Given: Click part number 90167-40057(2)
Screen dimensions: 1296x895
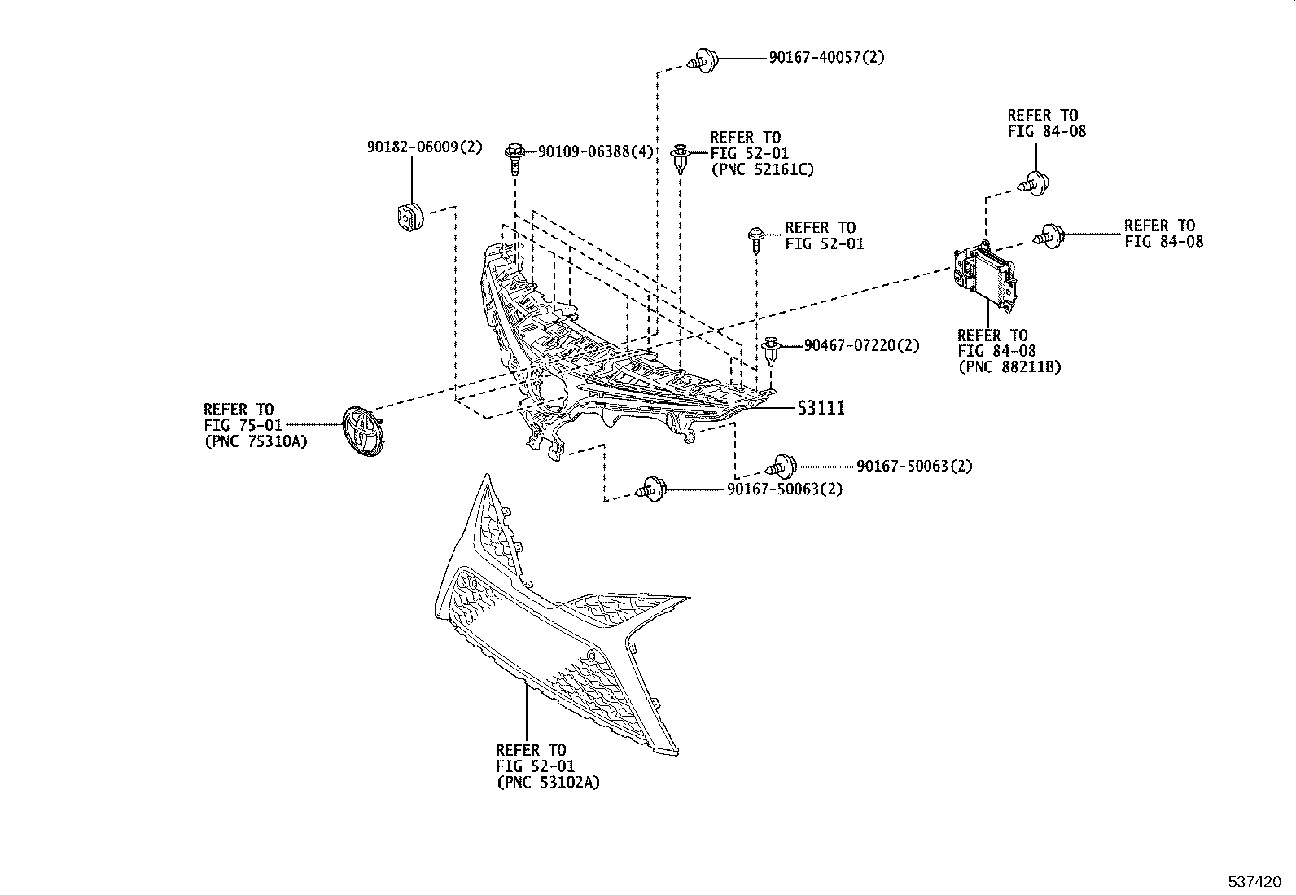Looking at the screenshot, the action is pos(827,58).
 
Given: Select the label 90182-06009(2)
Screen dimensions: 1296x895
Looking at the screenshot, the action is pos(425,147).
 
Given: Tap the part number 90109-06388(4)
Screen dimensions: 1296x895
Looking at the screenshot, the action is pos(596,151).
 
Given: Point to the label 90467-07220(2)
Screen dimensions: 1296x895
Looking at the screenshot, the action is pos(861,345).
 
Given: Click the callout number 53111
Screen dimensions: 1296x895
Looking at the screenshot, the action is pos(821,408).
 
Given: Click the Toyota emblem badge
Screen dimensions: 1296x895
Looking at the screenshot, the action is pos(363,432).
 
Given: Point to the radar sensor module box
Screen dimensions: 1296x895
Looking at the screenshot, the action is pos(985,277).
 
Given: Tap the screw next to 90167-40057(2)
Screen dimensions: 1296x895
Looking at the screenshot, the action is pos(703,60).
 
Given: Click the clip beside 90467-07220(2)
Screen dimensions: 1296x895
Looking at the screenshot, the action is pos(772,349).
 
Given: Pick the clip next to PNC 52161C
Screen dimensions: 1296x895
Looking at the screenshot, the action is pos(681,157).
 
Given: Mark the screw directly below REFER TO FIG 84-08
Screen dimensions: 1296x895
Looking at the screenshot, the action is pos(1034,183).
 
